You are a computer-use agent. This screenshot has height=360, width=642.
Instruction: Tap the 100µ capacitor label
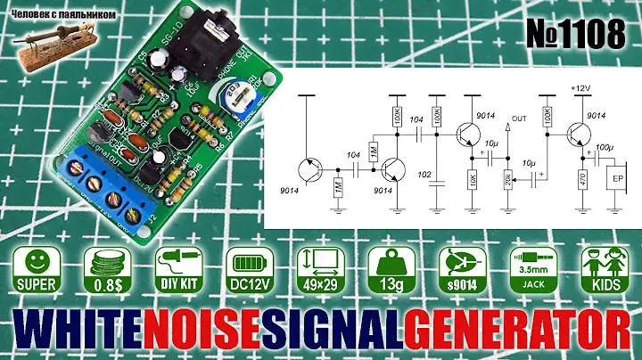point(604,145)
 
